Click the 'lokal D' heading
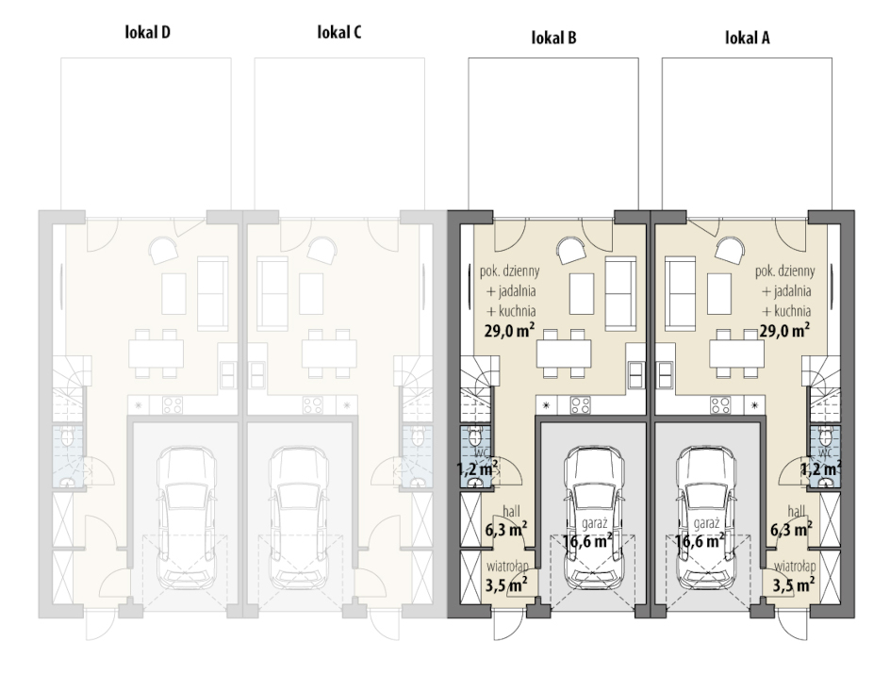[x=148, y=32]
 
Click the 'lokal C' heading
[x=338, y=32]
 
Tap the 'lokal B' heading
[x=554, y=38]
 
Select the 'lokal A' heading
[x=748, y=38]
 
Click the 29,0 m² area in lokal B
[x=509, y=330]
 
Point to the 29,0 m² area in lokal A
[x=784, y=330]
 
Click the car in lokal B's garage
[x=594, y=518]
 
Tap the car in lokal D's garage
[x=186, y=518]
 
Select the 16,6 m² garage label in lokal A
[x=700, y=541]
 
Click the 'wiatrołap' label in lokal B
[x=507, y=566]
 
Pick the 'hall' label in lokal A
[x=796, y=511]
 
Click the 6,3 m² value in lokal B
[x=505, y=530]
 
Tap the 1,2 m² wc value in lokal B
[x=477, y=469]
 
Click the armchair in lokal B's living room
[x=571, y=251]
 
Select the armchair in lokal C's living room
[x=321, y=251]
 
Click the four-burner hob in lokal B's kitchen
[x=580, y=405]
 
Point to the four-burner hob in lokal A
[x=720, y=405]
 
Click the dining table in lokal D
[x=157, y=353]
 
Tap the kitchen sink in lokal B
[x=636, y=375]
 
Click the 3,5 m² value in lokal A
[x=794, y=584]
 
